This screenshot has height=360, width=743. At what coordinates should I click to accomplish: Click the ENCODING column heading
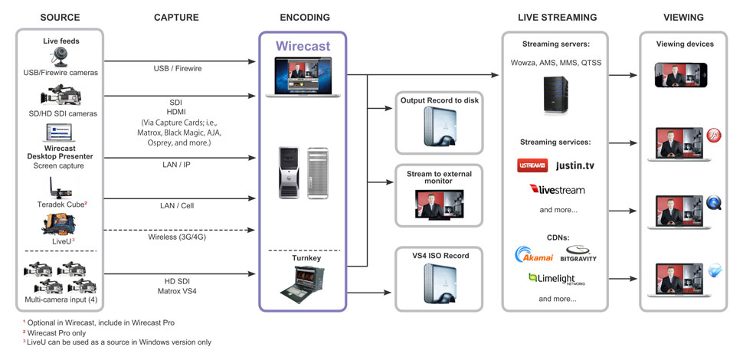coord(305,17)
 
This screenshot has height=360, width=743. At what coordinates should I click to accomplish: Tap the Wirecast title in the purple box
coord(303,47)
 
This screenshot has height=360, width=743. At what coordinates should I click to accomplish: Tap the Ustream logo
coord(532,165)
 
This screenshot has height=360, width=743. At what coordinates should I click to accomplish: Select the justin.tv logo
coord(574,165)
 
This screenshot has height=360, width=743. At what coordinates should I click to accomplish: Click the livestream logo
coord(557,189)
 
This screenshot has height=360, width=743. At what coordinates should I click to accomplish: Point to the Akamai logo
coord(535,255)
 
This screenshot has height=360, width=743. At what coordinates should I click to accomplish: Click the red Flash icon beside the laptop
coord(715,135)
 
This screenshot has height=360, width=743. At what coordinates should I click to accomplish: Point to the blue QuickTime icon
coord(715,202)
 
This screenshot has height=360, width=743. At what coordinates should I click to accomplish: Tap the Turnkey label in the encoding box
coord(303,259)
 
